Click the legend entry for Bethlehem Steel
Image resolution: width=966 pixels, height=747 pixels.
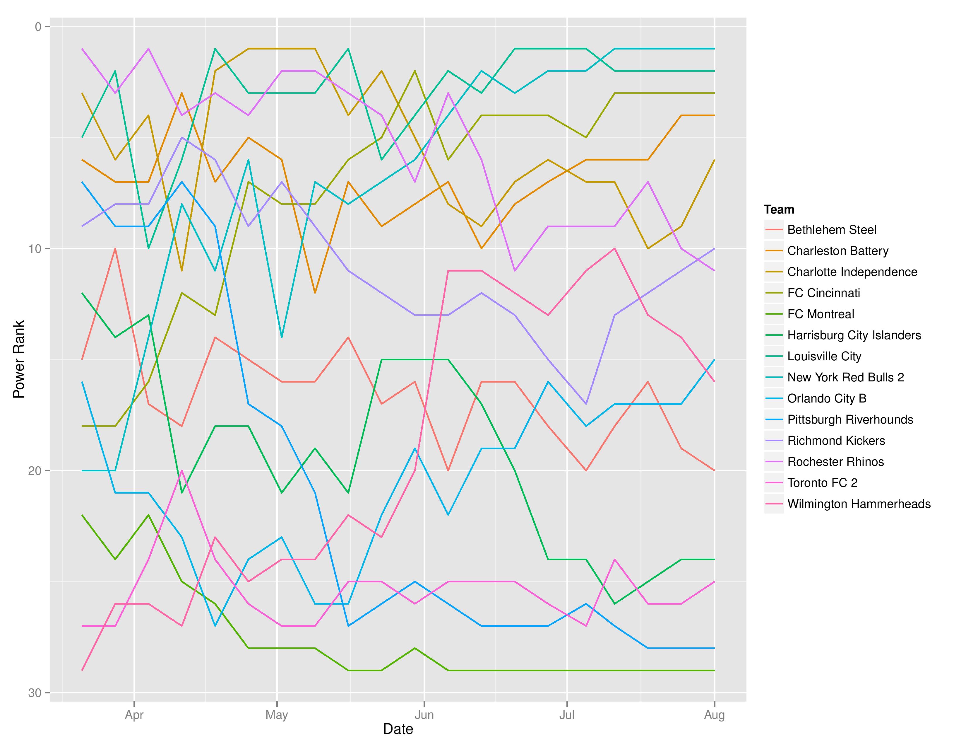[x=832, y=230]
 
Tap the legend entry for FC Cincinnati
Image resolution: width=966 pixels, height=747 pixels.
[x=823, y=293]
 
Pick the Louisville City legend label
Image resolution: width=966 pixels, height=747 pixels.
[x=824, y=356]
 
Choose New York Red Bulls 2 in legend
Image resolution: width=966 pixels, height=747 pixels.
[x=845, y=378]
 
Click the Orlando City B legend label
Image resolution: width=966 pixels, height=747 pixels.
[x=827, y=399]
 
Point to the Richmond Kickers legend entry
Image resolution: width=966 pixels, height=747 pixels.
[x=836, y=441]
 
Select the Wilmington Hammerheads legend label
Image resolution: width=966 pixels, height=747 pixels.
[x=859, y=504]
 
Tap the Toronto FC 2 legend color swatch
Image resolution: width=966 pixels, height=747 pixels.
[x=774, y=483]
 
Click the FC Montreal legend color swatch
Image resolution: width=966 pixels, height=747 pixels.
[x=774, y=314]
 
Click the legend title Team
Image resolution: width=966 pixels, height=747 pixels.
[x=779, y=209]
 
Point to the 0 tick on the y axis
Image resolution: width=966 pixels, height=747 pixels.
[x=38, y=27]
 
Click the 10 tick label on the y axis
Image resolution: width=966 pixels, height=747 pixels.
[x=35, y=249]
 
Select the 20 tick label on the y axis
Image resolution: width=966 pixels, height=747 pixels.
[x=35, y=470]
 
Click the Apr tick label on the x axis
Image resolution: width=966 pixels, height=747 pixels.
[x=134, y=715]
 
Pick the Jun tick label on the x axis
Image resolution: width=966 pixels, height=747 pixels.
[x=424, y=715]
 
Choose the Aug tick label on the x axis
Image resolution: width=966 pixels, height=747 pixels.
[x=714, y=715]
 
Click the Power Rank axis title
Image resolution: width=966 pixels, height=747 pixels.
[x=18, y=359]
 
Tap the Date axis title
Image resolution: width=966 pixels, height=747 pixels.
[x=398, y=729]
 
